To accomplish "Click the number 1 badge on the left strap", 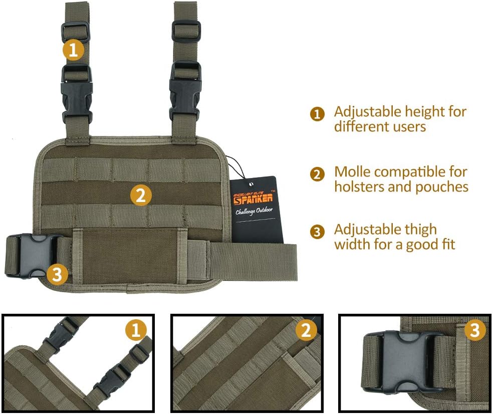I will (x=73, y=50).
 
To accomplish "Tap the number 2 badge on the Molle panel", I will (x=141, y=194).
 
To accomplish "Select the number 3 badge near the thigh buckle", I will (x=58, y=274).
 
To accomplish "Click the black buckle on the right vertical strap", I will (x=185, y=92).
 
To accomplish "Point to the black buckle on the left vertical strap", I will (x=77, y=95).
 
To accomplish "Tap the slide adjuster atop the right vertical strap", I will (x=186, y=31).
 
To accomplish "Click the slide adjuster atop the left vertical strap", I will (x=76, y=31).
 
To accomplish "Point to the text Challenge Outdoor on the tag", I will (x=255, y=210).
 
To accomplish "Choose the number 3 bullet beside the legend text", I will (x=317, y=232).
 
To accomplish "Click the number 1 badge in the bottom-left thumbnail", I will (x=135, y=330).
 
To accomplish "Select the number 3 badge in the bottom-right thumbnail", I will (x=475, y=330).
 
